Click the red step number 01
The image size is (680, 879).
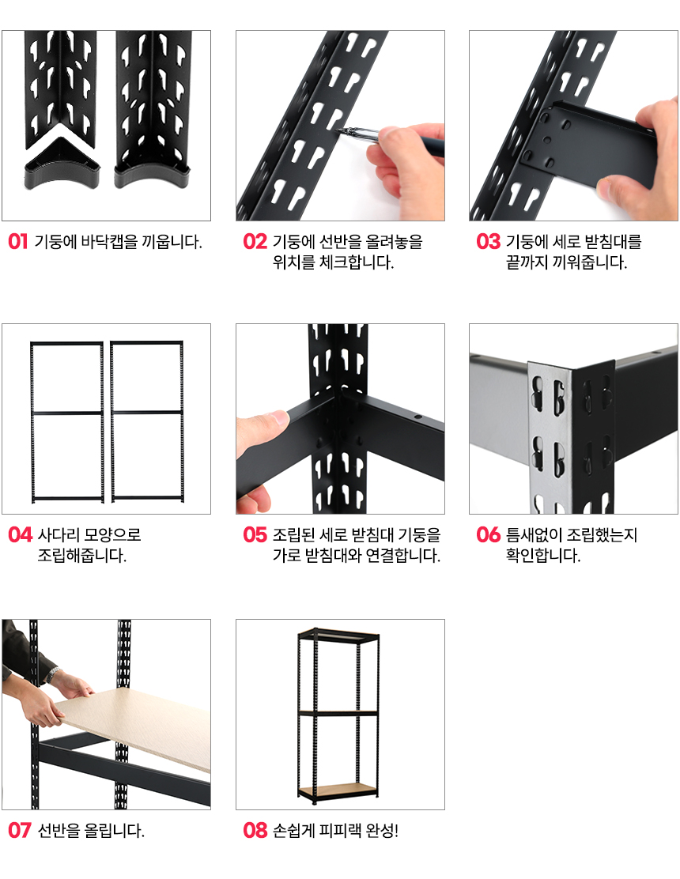[18, 242]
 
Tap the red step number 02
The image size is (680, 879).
[255, 242]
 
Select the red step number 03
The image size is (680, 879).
[489, 242]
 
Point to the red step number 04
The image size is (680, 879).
[21, 535]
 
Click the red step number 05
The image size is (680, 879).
[255, 535]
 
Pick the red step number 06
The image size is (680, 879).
[489, 535]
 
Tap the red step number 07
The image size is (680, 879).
[20, 830]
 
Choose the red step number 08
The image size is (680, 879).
[255, 830]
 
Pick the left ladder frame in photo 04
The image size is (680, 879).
[66, 421]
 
